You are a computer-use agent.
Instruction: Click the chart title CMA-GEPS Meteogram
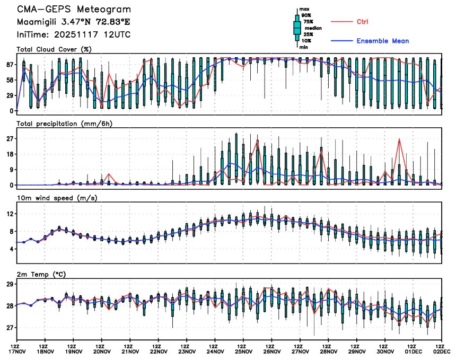point(74,10)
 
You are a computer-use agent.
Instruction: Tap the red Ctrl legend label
point(362,22)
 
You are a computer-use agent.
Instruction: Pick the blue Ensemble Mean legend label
point(382,41)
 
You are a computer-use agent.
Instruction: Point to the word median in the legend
point(310,29)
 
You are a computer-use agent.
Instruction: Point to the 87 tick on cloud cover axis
point(10,65)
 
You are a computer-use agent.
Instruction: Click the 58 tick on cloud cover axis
point(10,80)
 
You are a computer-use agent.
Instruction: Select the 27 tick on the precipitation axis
point(10,139)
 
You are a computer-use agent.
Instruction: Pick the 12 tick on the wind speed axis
point(10,214)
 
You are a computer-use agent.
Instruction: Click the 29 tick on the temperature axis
point(10,285)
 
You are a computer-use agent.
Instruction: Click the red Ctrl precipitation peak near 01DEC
point(399,139)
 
